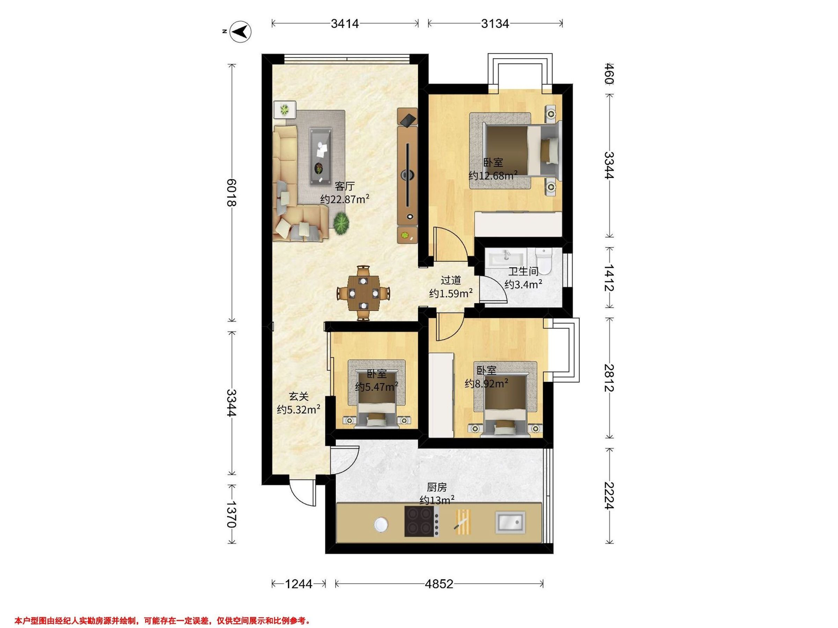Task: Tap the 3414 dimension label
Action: click(x=345, y=24)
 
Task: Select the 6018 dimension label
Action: click(x=231, y=192)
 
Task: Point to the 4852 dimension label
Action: click(x=439, y=584)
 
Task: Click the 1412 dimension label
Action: click(x=609, y=278)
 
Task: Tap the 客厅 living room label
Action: click(x=345, y=186)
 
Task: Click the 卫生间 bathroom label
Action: click(x=523, y=271)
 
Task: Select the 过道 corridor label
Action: click(x=451, y=280)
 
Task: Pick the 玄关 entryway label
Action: click(x=299, y=396)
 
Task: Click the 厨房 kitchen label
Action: click(x=437, y=487)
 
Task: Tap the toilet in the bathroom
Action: click(x=544, y=261)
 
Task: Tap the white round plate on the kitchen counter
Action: click(x=381, y=525)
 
